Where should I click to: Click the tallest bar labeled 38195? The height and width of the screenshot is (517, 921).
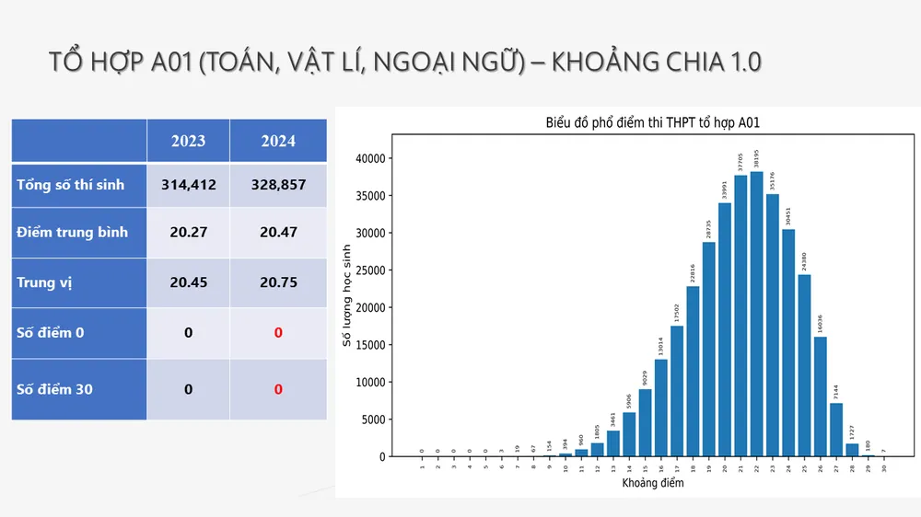756,314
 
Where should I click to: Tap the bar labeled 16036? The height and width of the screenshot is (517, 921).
820,396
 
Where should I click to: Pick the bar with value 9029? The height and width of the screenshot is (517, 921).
645,422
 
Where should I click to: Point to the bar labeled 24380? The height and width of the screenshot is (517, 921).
804,365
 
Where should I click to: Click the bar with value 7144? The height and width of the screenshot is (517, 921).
835,430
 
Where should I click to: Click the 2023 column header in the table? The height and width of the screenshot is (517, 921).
188,141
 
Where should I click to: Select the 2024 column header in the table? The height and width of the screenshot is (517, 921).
278,141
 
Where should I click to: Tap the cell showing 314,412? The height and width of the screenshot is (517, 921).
188,185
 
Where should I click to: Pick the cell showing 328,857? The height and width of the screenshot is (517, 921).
278,185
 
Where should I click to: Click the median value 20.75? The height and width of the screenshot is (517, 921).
278,282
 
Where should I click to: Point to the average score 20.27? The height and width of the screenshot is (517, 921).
188,232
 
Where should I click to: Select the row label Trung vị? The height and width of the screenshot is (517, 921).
44,282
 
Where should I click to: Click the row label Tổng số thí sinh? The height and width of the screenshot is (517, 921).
70,185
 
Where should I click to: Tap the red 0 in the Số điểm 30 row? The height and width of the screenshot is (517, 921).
278,389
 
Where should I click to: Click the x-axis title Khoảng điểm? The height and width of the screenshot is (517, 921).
653,484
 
